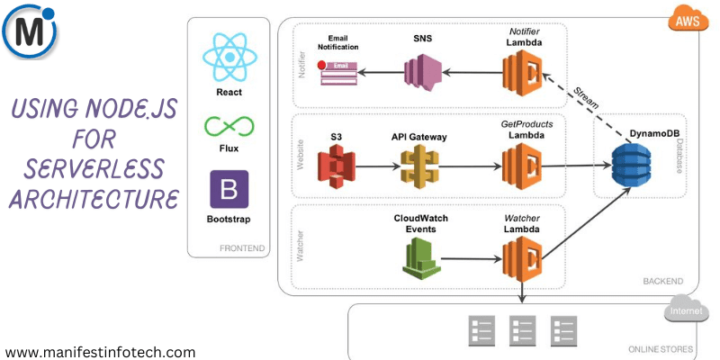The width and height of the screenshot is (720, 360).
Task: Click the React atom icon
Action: coord(230,56)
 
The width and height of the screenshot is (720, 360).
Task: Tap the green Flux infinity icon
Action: coord(230,126)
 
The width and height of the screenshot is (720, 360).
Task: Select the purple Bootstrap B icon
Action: coord(229,190)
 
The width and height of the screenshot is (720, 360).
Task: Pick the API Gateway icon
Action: coord(421,165)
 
